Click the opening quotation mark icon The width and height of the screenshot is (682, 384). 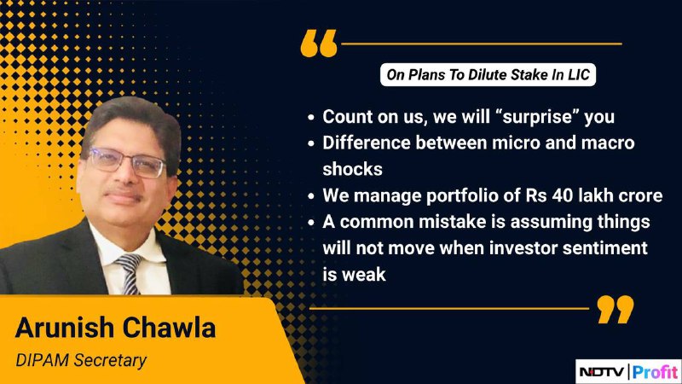pyautogui.click(x=319, y=44)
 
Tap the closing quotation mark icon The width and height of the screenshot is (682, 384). pyautogui.click(x=616, y=309)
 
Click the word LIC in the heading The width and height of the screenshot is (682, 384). pyautogui.click(x=579, y=75)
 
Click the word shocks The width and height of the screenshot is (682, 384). pyautogui.click(x=352, y=169)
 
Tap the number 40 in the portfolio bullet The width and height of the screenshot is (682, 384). pyautogui.click(x=563, y=195)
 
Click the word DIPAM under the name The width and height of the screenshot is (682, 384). pyautogui.click(x=42, y=360)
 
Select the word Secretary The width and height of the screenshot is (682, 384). pyautogui.click(x=110, y=361)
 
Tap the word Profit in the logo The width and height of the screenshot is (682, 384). pyautogui.click(x=655, y=372)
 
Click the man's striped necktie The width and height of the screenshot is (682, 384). pyautogui.click(x=130, y=273)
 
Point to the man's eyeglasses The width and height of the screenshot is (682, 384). pyautogui.click(x=127, y=162)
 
